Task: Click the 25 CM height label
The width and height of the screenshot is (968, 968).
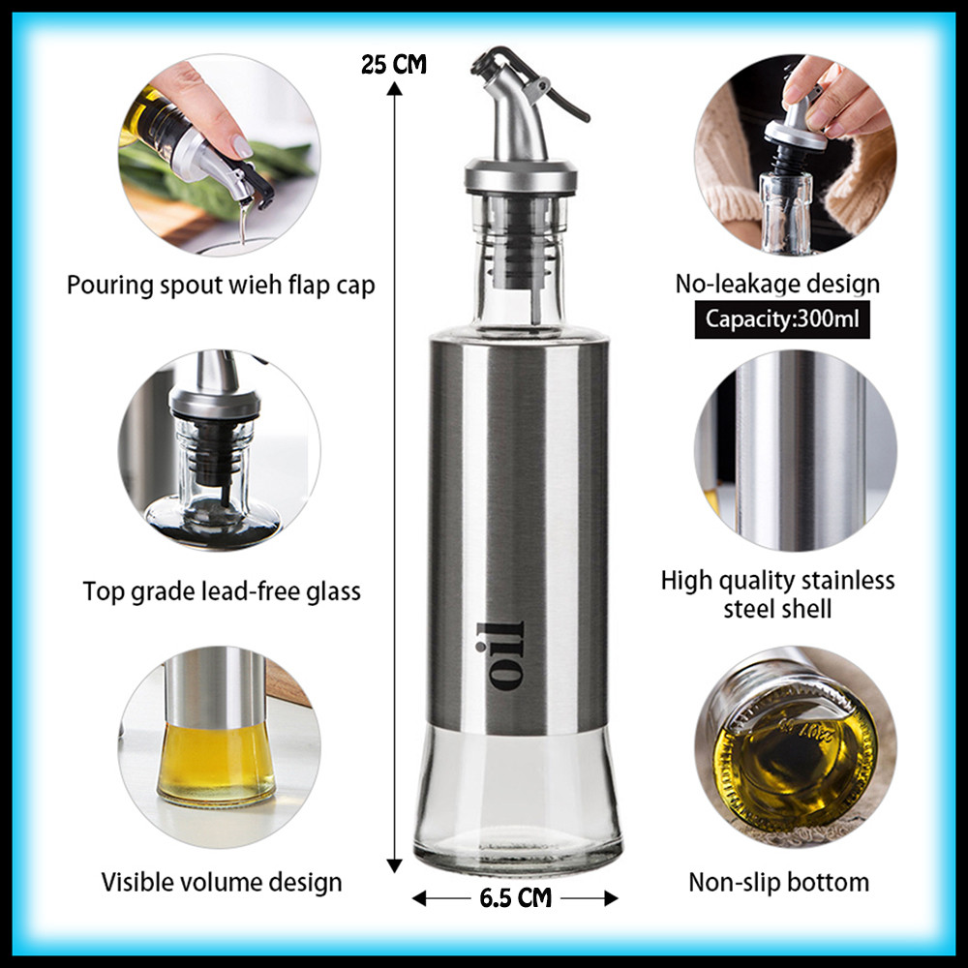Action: pos(393,64)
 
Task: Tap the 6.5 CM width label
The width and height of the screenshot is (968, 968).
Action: pos(516,897)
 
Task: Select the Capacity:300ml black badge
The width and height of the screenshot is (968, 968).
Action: pos(782,319)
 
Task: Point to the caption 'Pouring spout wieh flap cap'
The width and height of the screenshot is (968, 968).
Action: pos(221,286)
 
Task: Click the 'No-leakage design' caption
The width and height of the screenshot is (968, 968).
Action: pos(778,284)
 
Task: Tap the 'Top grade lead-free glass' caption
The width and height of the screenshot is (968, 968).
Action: pos(222,591)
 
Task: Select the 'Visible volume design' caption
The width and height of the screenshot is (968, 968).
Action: pos(222,882)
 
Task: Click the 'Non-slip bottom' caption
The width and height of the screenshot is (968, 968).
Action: pos(778,882)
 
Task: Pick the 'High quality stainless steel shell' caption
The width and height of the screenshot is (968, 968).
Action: pos(778,594)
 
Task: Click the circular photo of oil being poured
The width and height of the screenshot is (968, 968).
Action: pos(219,155)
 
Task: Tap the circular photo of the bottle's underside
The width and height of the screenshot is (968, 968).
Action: pos(795,747)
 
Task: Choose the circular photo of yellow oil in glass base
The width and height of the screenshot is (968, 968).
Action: pos(219,747)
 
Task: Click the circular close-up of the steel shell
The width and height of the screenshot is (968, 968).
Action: pos(795,451)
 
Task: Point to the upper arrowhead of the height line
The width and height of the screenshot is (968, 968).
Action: pos(394,88)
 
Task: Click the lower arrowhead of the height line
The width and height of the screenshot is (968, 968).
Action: pos(394,865)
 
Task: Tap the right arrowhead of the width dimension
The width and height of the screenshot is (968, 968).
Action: pos(611,898)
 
